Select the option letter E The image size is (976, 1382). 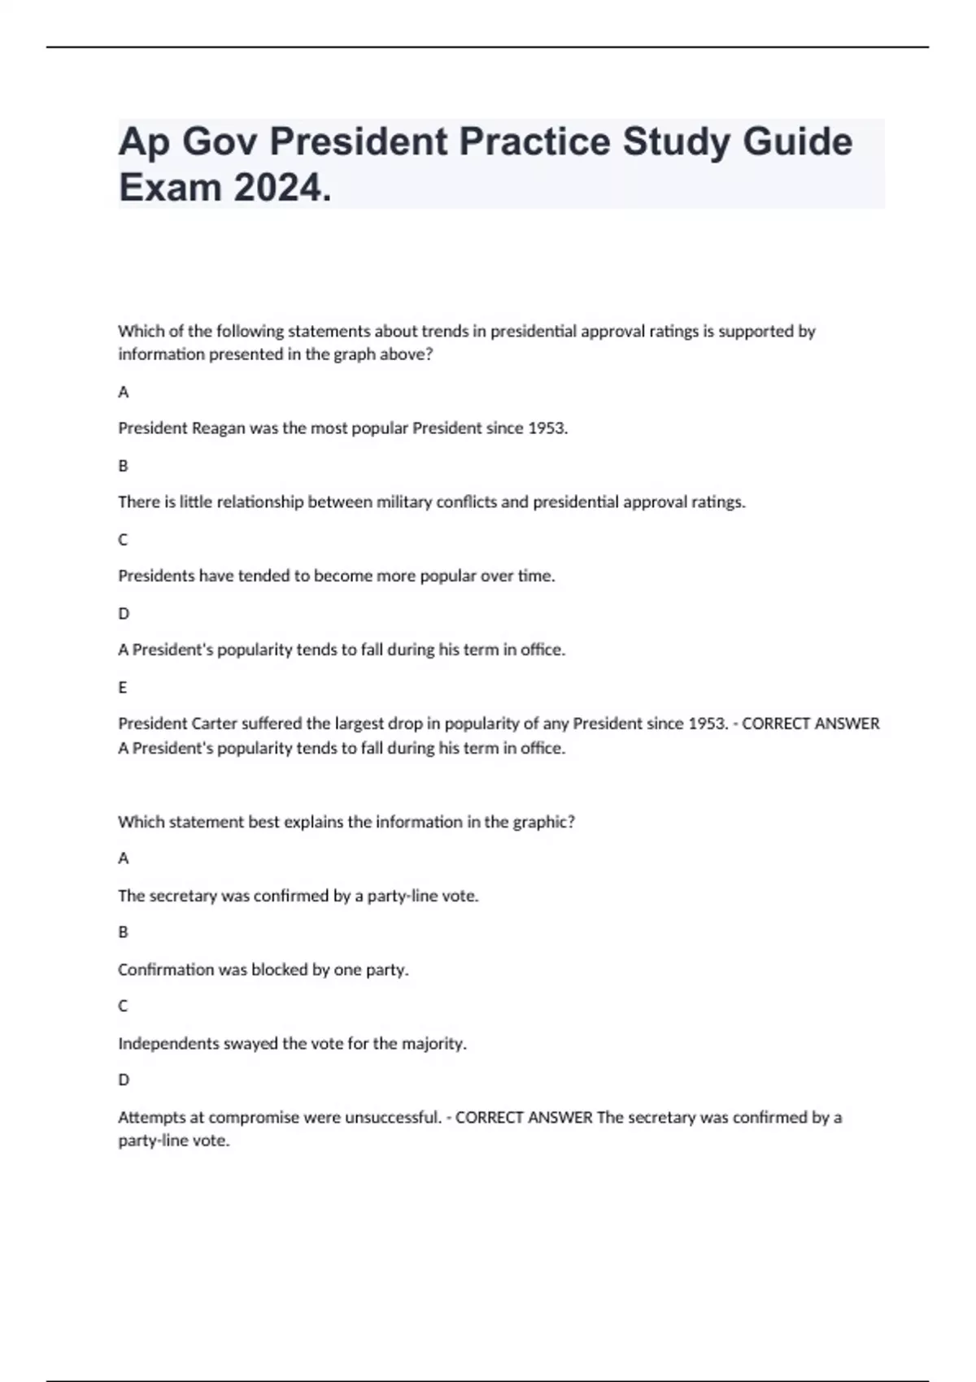point(123,688)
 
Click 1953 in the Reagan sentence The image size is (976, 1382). point(547,428)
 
